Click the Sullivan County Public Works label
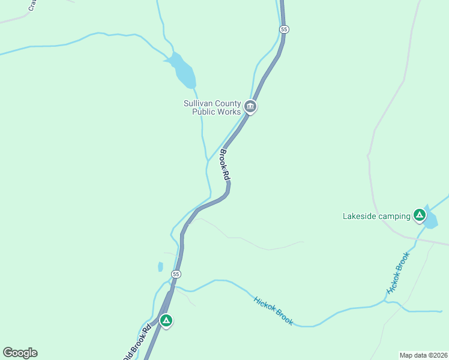pyautogui.click(x=212, y=107)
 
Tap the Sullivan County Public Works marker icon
pyautogui.click(x=250, y=107)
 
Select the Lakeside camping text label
pyautogui.click(x=376, y=216)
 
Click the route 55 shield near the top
pyautogui.click(x=285, y=29)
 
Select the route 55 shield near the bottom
pyautogui.click(x=175, y=274)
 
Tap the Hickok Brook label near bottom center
pyautogui.click(x=273, y=311)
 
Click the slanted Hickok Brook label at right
pyautogui.click(x=398, y=273)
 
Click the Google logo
pyautogui.click(x=20, y=353)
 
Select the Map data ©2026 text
pyautogui.click(x=423, y=355)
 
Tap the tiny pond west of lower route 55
pyautogui.click(x=160, y=266)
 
